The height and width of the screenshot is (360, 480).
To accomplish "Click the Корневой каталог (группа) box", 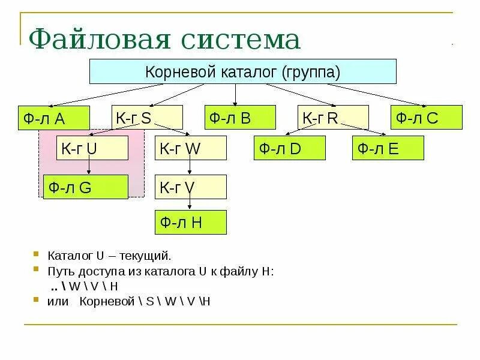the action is [242, 71].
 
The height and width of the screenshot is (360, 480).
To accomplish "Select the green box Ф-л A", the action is [53, 118].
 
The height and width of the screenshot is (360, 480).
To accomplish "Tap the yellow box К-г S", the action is [147, 117].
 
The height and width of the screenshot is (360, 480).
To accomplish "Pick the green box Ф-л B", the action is [240, 117].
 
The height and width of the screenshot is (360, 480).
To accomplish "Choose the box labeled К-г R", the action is [334, 117].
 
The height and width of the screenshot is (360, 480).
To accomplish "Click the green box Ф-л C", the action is [427, 117].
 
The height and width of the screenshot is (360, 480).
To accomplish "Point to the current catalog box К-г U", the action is [93, 148].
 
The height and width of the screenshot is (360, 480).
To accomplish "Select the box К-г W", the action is [191, 148].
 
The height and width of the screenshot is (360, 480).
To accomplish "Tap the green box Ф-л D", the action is [290, 148].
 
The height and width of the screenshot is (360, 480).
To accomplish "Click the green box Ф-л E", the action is [388, 148].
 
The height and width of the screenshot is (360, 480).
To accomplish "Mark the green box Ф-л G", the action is [86, 187].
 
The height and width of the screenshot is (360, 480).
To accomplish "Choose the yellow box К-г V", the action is [191, 187].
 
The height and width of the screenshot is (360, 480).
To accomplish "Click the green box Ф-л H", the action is [191, 222].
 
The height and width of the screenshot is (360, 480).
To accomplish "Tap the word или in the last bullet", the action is [58, 301].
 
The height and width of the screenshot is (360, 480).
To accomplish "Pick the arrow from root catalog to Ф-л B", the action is [236, 94].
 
